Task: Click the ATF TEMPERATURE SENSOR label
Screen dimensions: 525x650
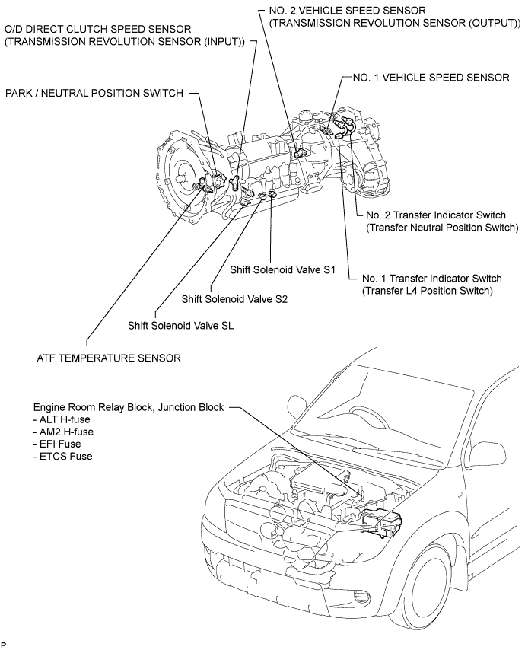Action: pyautogui.click(x=109, y=358)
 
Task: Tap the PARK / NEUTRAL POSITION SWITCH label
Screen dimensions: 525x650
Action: pyautogui.click(x=94, y=94)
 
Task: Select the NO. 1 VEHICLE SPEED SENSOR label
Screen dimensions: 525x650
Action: pyautogui.click(x=431, y=78)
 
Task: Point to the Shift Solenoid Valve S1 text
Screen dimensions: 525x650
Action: pyautogui.click(x=282, y=270)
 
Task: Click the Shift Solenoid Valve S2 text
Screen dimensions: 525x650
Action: pyautogui.click(x=234, y=299)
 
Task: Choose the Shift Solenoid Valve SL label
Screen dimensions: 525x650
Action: pyautogui.click(x=180, y=326)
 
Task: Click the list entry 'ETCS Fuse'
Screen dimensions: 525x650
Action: pyautogui.click(x=63, y=457)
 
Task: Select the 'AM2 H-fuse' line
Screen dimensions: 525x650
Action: pyautogui.click(x=63, y=432)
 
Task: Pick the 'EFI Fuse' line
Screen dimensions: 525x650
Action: pyautogui.click(x=57, y=444)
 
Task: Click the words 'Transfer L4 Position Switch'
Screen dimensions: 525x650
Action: pyautogui.click(x=428, y=291)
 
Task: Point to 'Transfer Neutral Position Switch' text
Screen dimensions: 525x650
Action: pyautogui.click(x=443, y=228)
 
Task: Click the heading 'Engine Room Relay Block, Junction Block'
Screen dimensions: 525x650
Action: pyautogui.click(x=129, y=407)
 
